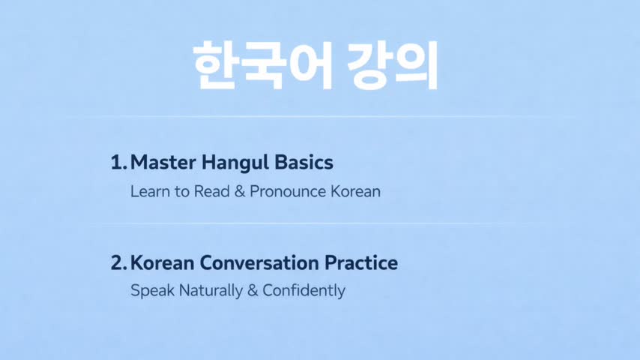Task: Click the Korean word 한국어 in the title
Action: pyautogui.click(x=264, y=65)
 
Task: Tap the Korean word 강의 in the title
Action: pyautogui.click(x=393, y=65)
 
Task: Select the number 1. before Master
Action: pyautogui.click(x=118, y=163)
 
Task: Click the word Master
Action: pyautogui.click(x=163, y=163)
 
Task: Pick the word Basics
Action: pyautogui.click(x=304, y=162)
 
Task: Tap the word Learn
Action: pyautogui.click(x=150, y=192)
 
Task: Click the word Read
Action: pyautogui.click(x=212, y=192)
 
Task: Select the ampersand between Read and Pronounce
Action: pyautogui.click(x=240, y=192)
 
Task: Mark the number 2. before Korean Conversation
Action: pyautogui.click(x=119, y=262)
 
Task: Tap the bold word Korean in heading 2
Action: pyautogui.click(x=163, y=262)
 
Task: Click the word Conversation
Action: pyautogui.click(x=259, y=262)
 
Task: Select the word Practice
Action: pyautogui.click(x=361, y=262)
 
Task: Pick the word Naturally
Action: pyautogui.click(x=211, y=291)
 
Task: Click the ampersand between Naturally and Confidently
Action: pyautogui.click(x=253, y=291)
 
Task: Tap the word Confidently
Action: pyautogui.click(x=304, y=291)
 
